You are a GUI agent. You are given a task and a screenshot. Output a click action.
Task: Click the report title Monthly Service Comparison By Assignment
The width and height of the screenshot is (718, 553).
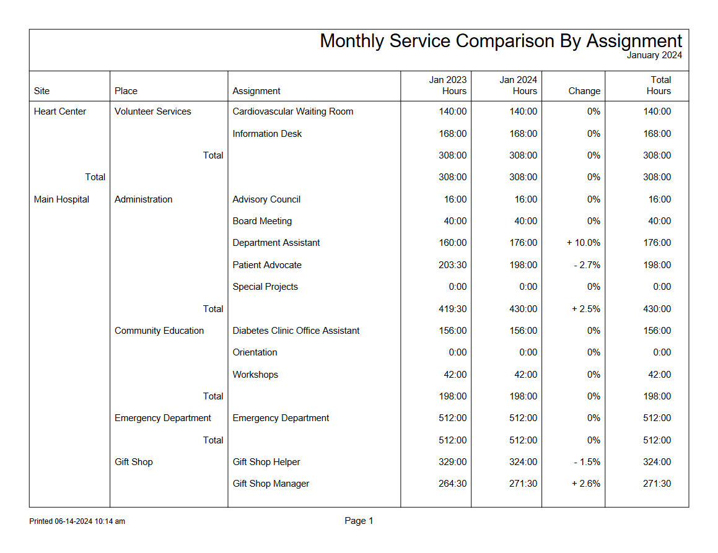coord(501,41)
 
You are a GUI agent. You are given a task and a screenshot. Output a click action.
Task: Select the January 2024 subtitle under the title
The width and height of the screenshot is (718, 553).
coord(654,55)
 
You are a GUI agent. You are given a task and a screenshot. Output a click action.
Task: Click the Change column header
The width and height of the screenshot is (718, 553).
coord(584,91)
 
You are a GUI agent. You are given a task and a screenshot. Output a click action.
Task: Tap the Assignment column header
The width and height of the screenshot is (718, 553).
coord(256,91)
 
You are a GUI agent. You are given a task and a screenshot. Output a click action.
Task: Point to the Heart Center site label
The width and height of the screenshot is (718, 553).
coord(60,111)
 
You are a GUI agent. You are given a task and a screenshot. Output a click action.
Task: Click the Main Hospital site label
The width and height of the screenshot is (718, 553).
coord(61,199)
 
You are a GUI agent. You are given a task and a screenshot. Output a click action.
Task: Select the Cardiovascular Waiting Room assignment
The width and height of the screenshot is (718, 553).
coord(293,111)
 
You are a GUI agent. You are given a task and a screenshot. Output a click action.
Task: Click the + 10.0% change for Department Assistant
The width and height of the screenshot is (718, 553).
coord(583,243)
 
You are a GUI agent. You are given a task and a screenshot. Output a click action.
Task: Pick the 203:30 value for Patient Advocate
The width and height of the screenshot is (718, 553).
coord(452,265)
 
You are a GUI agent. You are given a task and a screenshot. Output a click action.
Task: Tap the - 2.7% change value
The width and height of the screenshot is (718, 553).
coord(584,265)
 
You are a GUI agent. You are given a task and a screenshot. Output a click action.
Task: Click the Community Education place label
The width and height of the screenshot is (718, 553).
coord(159,331)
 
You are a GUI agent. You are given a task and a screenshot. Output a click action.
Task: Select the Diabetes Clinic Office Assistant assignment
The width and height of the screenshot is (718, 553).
coord(296,331)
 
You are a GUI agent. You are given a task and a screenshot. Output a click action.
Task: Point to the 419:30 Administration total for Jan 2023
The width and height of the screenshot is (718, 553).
coord(452,309)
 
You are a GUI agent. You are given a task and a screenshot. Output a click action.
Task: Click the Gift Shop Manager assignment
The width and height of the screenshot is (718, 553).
coord(271,484)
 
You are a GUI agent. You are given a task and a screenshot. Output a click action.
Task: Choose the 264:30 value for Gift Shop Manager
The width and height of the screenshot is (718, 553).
coord(452,484)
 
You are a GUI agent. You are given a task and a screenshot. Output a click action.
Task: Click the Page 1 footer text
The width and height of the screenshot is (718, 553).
coord(359,521)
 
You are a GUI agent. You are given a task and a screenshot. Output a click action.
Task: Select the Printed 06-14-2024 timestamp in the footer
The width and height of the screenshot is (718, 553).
coord(77,521)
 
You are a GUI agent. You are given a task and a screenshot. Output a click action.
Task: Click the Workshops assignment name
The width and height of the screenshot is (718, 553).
coord(255,375)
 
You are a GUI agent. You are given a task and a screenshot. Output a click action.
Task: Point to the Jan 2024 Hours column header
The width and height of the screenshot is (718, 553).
coord(519,85)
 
